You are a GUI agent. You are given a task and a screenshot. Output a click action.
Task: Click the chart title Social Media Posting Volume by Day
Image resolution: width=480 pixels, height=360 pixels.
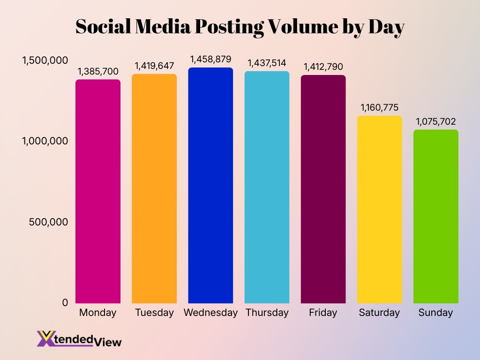(x=240, y=27)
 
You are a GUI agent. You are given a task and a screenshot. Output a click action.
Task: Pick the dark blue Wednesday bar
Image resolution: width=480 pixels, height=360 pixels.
(x=210, y=185)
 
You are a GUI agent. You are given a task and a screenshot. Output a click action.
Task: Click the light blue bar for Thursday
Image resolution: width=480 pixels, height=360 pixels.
(x=267, y=187)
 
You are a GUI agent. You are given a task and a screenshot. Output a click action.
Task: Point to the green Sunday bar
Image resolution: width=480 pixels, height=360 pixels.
(x=435, y=216)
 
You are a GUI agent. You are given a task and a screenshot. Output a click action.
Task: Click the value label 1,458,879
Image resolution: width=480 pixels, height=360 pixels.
(x=210, y=60)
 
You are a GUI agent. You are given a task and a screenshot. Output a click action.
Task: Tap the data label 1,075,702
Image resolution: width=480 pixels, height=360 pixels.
(x=435, y=122)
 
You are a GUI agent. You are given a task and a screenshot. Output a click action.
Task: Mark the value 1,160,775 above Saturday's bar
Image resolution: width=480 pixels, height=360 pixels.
(x=379, y=108)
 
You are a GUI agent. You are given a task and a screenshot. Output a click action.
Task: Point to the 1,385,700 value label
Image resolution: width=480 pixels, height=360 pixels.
(x=98, y=72)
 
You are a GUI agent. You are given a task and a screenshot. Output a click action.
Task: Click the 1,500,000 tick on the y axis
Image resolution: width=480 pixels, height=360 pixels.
(x=45, y=60)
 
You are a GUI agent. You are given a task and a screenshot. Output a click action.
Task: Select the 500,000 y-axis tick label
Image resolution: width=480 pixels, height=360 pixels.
(x=48, y=222)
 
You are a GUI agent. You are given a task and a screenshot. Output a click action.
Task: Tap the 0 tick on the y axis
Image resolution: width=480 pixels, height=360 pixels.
(x=65, y=303)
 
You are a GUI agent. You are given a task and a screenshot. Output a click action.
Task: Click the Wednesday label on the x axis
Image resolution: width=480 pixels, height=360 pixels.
(x=210, y=313)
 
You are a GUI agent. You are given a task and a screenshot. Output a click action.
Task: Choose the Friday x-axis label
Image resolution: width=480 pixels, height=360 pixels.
(x=323, y=313)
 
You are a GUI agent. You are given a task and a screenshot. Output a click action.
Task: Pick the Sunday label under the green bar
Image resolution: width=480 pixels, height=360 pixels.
(x=435, y=313)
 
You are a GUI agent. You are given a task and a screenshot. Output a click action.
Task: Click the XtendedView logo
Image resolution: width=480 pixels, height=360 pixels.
(x=79, y=339)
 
